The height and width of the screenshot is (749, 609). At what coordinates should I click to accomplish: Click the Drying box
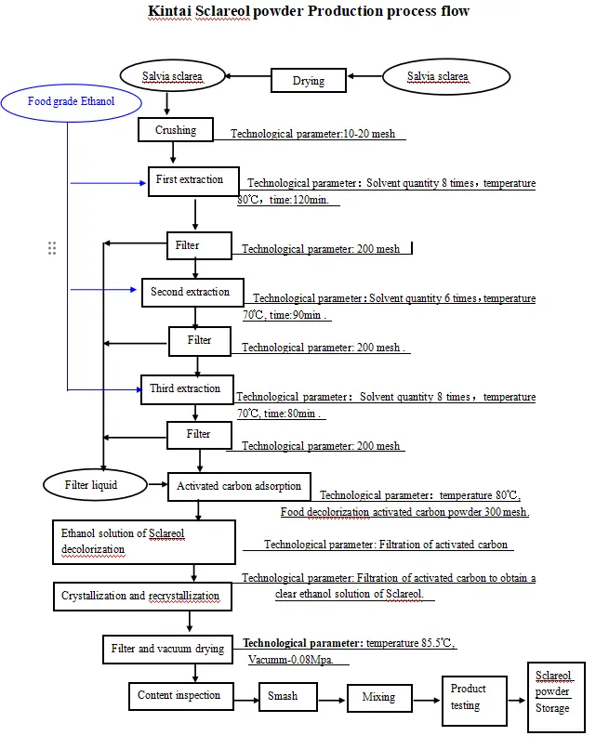pyautogui.click(x=309, y=81)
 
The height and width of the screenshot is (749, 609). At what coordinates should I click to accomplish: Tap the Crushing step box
pyautogui.click(x=176, y=130)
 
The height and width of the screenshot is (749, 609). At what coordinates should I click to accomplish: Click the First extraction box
pyautogui.click(x=193, y=180)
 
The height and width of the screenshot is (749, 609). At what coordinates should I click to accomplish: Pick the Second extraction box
pyautogui.click(x=192, y=292)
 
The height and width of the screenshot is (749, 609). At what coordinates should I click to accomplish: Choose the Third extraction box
pyautogui.click(x=185, y=388)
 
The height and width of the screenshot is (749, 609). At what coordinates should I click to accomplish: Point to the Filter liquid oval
pyautogui.click(x=91, y=485)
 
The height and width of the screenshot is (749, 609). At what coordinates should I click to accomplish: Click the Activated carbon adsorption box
pyautogui.click(x=239, y=486)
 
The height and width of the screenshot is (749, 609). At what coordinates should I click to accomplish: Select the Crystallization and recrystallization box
pyautogui.click(x=141, y=596)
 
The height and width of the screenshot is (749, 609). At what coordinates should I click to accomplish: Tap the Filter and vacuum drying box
pyautogui.click(x=167, y=649)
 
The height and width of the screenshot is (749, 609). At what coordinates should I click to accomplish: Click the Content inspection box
pyautogui.click(x=179, y=695)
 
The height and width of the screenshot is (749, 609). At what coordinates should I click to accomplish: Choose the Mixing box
pyautogui.click(x=378, y=697)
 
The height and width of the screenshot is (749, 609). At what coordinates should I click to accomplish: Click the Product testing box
pyautogui.click(x=474, y=698)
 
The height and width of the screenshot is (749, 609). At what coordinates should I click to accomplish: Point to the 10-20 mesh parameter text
pyautogui.click(x=370, y=134)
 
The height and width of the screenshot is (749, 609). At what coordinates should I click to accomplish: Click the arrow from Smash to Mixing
pyautogui.click(x=332, y=696)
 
